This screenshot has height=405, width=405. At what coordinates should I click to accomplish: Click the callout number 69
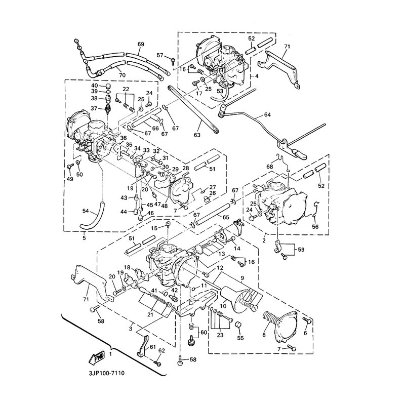(x=140, y=45)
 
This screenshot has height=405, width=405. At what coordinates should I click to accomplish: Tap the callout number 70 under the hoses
(x=121, y=75)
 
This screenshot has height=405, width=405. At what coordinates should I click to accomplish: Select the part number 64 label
(x=268, y=114)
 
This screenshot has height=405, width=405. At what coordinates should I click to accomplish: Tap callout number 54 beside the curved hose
(x=85, y=210)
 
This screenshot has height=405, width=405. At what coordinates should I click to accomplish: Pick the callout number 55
(x=240, y=338)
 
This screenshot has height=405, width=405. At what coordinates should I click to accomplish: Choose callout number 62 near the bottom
(x=162, y=350)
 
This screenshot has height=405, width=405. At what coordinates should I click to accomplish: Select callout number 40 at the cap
(x=94, y=86)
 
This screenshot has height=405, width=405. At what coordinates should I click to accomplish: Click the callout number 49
(x=69, y=179)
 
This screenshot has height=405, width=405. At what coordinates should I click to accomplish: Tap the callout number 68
(x=269, y=166)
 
